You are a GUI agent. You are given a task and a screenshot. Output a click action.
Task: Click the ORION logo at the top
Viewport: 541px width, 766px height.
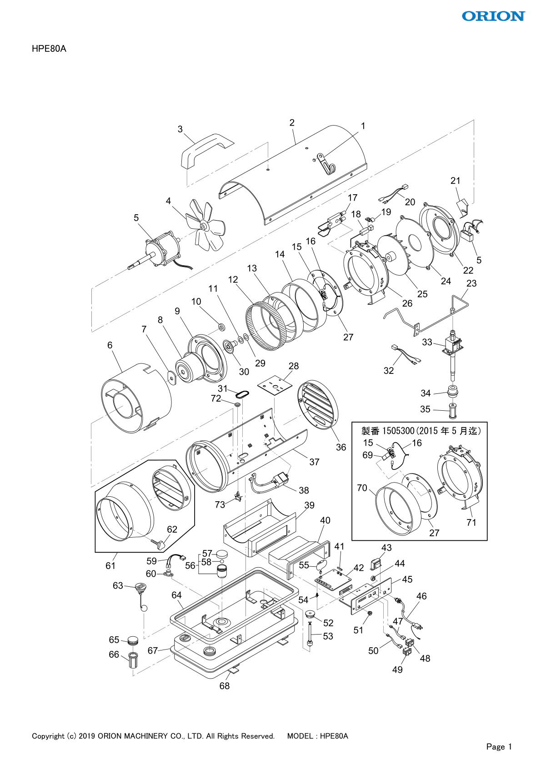pyautogui.click(x=493, y=16)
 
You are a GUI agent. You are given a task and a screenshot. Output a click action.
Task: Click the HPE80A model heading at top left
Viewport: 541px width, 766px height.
pyautogui.click(x=49, y=49)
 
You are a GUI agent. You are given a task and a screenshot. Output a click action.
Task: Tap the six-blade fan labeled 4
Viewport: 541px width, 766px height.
pyautogui.click(x=205, y=225)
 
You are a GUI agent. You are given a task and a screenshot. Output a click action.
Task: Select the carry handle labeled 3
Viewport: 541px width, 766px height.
pyautogui.click(x=205, y=151)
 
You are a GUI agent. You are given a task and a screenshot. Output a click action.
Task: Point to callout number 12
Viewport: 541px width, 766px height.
pyautogui.click(x=233, y=279)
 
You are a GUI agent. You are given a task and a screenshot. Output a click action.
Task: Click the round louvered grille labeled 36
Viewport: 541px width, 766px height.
pyautogui.click(x=318, y=404)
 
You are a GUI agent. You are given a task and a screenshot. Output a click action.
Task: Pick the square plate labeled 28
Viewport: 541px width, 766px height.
pyautogui.click(x=275, y=385)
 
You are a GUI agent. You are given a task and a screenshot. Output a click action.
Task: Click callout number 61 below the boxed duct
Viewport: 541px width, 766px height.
pyautogui.click(x=110, y=566)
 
